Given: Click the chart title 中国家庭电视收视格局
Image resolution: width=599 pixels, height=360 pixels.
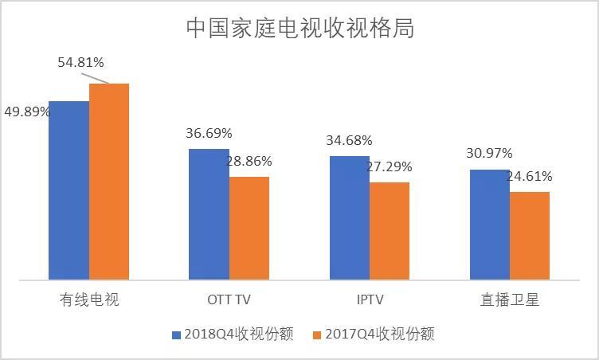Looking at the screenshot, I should coord(300,28).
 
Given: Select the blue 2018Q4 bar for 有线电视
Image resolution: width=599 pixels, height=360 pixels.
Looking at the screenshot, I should coord(69,191).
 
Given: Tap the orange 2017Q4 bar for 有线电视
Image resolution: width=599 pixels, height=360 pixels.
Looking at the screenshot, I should coord(108,182).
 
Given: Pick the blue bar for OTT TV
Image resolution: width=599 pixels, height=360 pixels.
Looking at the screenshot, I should coord(209,214).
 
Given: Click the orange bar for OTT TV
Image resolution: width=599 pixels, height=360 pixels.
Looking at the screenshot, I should coord(249,229).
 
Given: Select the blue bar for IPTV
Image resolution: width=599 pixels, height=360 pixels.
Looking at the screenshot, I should coord(349,218).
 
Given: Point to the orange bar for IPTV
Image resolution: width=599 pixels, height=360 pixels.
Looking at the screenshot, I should coord(389,231).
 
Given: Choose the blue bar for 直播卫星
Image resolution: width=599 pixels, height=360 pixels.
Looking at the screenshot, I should coord(489,225).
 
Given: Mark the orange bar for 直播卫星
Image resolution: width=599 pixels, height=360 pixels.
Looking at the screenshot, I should coord(529,236).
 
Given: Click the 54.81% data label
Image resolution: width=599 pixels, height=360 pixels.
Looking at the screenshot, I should coord(81,62).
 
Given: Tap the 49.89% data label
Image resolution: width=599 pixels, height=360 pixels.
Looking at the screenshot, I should coord(27,112).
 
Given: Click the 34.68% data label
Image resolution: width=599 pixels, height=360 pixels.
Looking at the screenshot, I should coord(349,141).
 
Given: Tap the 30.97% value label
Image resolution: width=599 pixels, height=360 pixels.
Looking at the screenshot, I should coord(489,153).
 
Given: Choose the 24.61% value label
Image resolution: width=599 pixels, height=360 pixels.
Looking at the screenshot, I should coord(529,176).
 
